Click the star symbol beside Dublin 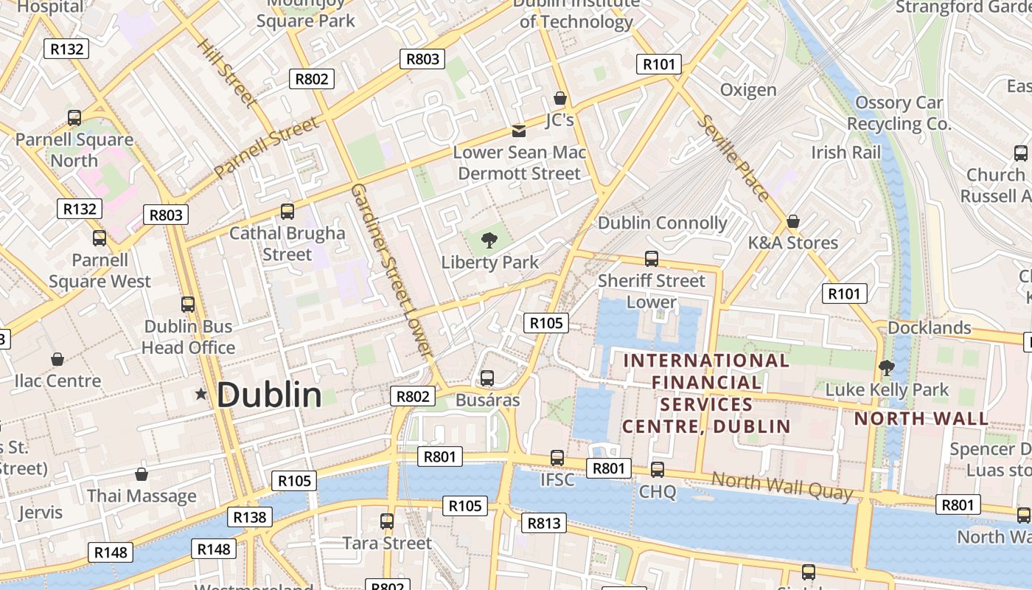(x=201, y=395)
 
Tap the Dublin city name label (x=269, y=395)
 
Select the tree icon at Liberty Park (x=489, y=240)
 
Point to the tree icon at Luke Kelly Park (x=887, y=367)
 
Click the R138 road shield (x=249, y=517)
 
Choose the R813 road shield (x=544, y=524)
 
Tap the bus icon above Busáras (x=487, y=378)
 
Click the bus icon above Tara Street (x=387, y=521)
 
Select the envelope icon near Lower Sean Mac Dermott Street (x=519, y=131)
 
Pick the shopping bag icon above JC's (x=559, y=98)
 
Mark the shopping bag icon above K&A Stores (x=793, y=221)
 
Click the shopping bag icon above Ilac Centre (x=57, y=359)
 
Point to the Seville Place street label (x=733, y=157)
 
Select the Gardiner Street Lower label (x=390, y=270)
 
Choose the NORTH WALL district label (x=921, y=419)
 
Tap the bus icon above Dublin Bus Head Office (x=188, y=305)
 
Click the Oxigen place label (x=748, y=90)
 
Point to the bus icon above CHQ (x=658, y=470)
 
